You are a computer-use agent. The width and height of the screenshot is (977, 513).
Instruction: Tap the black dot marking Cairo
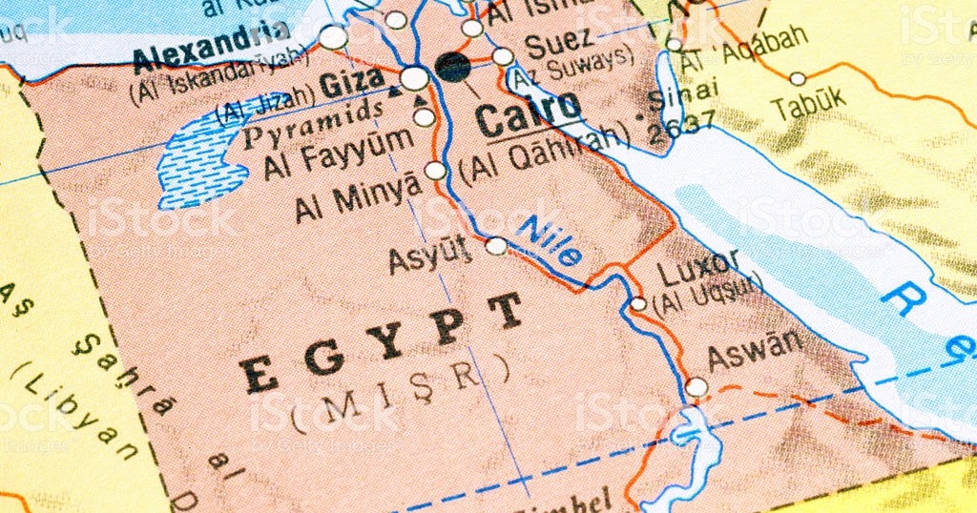pyautogui.click(x=452, y=66)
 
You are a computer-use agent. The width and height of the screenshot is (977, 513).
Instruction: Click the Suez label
pyautogui.click(x=558, y=42)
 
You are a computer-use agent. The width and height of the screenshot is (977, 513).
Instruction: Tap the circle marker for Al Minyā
pyautogui.click(x=435, y=171)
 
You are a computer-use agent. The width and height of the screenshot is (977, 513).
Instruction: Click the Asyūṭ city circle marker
pyautogui.click(x=496, y=246)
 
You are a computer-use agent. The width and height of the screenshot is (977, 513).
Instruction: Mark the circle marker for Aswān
pyautogui.click(x=696, y=387)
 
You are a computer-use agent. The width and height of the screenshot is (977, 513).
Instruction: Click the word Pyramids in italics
pyautogui.click(x=314, y=124)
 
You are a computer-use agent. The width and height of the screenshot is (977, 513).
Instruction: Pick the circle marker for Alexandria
pyautogui.click(x=333, y=37)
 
